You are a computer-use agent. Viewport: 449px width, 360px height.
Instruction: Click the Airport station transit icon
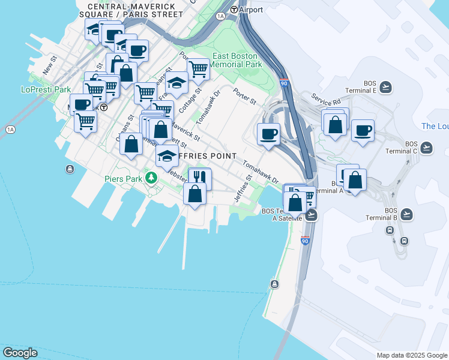[234, 10]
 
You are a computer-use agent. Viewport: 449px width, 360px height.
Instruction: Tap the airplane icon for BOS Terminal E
[385, 88]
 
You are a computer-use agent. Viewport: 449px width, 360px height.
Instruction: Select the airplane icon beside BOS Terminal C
[426, 148]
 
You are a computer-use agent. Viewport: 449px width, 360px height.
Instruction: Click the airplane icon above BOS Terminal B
[407, 214]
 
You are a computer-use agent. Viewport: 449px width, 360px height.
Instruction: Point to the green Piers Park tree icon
[152, 178]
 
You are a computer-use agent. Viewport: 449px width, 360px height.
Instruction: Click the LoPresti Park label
[46, 89]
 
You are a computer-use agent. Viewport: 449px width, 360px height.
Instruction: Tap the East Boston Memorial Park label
[237, 60]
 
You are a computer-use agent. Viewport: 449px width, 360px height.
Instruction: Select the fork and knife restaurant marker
[199, 178]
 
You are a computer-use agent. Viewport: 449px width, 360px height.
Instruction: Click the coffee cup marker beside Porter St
[268, 133]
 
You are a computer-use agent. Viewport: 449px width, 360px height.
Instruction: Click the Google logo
[20, 353]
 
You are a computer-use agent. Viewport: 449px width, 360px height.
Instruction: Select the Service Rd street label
[325, 98]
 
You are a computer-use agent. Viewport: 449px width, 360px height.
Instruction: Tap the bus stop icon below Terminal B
[405, 241]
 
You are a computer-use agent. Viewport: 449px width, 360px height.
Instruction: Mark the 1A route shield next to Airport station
[221, 16]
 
